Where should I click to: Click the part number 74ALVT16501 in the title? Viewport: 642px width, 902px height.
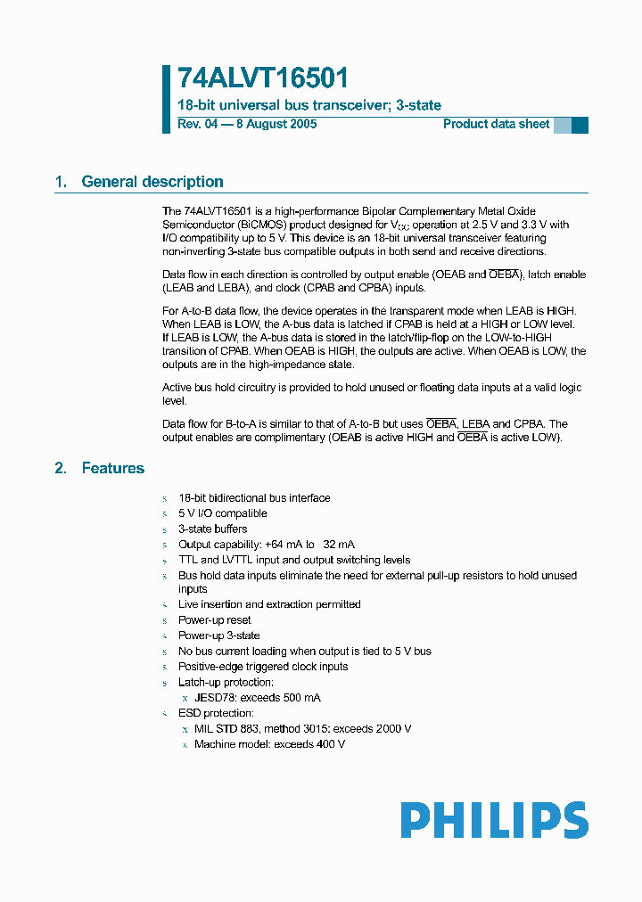tap(262, 79)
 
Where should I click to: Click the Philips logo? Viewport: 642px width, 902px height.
tap(493, 820)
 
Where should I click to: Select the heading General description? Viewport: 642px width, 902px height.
tap(152, 182)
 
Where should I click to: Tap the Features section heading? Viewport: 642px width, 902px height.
tap(112, 468)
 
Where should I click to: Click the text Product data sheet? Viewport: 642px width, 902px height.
tap(496, 124)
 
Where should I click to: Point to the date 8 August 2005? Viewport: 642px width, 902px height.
tap(276, 124)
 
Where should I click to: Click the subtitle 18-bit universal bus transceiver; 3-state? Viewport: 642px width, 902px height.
tap(309, 105)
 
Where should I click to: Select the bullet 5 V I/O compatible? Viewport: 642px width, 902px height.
tap(222, 513)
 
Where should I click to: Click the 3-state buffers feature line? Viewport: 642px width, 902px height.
tap(212, 529)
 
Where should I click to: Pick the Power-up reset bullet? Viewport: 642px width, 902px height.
tap(214, 619)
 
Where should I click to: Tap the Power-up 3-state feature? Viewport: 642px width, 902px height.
tap(218, 635)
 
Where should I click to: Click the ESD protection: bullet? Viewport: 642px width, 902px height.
tap(216, 713)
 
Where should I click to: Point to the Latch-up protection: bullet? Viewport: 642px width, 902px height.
tap(226, 682)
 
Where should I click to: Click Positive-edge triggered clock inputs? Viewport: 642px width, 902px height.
tap(263, 667)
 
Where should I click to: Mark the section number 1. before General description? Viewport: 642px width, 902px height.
tap(61, 182)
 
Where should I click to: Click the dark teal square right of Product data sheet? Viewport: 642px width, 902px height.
tap(580, 125)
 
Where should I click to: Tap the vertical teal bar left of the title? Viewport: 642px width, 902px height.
tap(166, 99)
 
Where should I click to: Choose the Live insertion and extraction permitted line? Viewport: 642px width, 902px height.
tap(269, 604)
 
